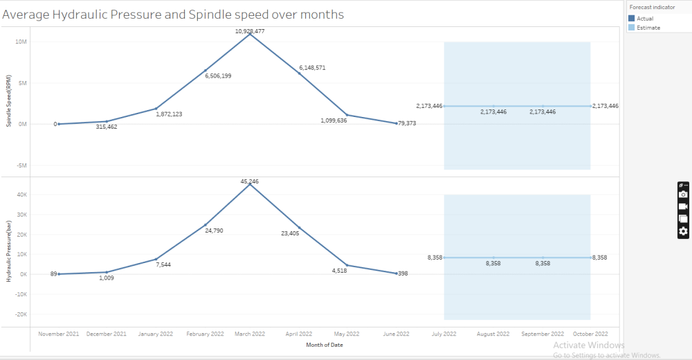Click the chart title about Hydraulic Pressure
[x=174, y=14]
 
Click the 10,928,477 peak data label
[x=250, y=31]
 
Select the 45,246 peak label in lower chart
[x=250, y=181]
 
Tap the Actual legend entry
[x=644, y=19]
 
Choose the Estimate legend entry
[x=648, y=28]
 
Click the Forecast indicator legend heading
[x=653, y=6]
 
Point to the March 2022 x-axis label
[x=250, y=334]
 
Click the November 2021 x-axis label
[x=59, y=334]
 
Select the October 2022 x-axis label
[x=590, y=334]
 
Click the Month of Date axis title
[x=325, y=344]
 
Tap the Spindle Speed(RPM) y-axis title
[x=8, y=102]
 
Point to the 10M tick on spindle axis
[x=21, y=42]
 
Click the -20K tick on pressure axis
[x=20, y=314]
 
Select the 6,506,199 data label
[x=218, y=75]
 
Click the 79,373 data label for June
[x=406, y=123]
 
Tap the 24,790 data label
[x=213, y=230]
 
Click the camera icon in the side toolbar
[x=683, y=195]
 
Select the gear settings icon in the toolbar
[x=683, y=231]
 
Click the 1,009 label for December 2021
[x=106, y=278]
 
